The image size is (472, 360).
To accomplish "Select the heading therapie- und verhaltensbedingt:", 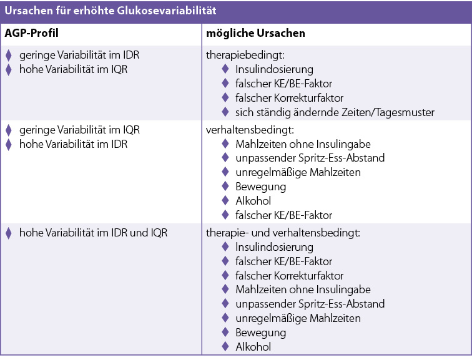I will click(x=283, y=233).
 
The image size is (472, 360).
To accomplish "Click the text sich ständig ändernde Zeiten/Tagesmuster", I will click(x=335, y=112).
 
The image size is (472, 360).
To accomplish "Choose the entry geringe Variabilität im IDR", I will click(x=79, y=55).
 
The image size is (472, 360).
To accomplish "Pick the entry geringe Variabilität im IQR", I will click(x=79, y=130).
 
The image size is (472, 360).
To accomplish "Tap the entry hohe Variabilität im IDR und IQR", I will click(x=93, y=233).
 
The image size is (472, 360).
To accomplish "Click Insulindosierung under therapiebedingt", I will click(x=274, y=69).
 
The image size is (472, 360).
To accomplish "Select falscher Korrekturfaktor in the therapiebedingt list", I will click(x=289, y=98).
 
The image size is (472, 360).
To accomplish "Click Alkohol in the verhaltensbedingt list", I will click(x=253, y=200).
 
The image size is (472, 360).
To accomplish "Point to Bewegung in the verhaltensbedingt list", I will click(x=260, y=186).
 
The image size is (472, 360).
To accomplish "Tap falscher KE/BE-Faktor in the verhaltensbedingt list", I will click(x=283, y=215).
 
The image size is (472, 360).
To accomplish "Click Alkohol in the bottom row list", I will click(x=253, y=347).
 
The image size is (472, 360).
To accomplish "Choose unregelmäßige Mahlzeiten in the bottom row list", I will click(x=298, y=318).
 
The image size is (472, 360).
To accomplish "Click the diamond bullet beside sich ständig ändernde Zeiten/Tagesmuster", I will click(x=225, y=112).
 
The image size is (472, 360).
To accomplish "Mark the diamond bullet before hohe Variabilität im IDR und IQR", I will click(x=9, y=233).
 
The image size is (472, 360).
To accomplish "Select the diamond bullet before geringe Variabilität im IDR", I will click(x=9, y=55).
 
